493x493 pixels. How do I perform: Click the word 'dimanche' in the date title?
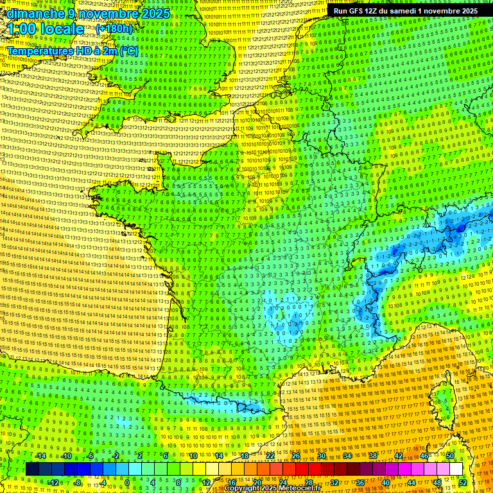click(32, 13)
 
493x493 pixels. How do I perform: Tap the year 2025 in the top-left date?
click(154, 13)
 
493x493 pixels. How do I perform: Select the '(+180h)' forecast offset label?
click(114, 29)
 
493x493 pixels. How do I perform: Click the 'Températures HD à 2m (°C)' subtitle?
click(73, 51)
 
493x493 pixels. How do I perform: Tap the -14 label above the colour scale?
click(41, 456)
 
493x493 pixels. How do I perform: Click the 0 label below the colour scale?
click(127, 483)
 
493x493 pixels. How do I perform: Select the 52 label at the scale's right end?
click(463, 483)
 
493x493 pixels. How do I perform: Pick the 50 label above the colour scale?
click(450, 456)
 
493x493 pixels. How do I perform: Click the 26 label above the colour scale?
click(296, 456)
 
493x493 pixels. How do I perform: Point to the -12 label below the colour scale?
click(54, 483)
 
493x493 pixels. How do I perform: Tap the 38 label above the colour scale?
click(373, 456)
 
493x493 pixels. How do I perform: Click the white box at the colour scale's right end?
click(456, 469)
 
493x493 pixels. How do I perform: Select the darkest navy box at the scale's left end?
click(32, 469)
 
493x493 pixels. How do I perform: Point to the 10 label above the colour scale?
click(193, 456)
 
